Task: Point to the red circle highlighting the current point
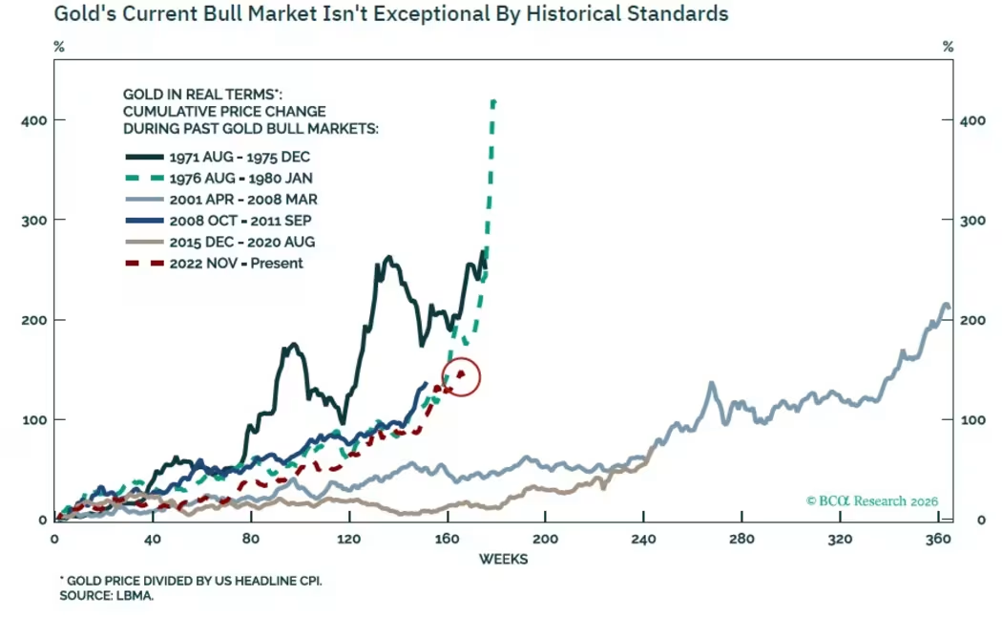(461, 376)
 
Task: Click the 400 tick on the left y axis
(31, 119)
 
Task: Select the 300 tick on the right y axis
(971, 220)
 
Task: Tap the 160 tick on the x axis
(447, 539)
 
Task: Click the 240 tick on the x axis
(643, 539)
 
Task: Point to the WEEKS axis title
(503, 559)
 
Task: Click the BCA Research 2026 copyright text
(872, 500)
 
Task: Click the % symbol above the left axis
(59, 47)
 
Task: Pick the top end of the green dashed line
(493, 100)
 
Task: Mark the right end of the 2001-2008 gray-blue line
(948, 307)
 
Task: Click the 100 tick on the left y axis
(31, 419)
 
